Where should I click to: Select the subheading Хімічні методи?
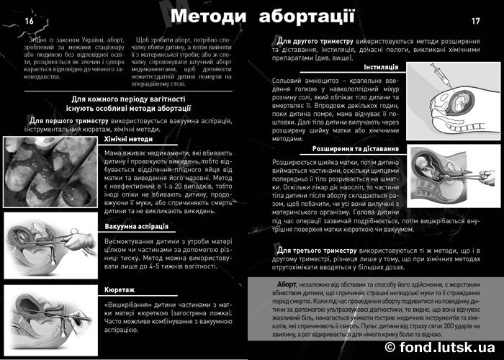click(128, 138)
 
